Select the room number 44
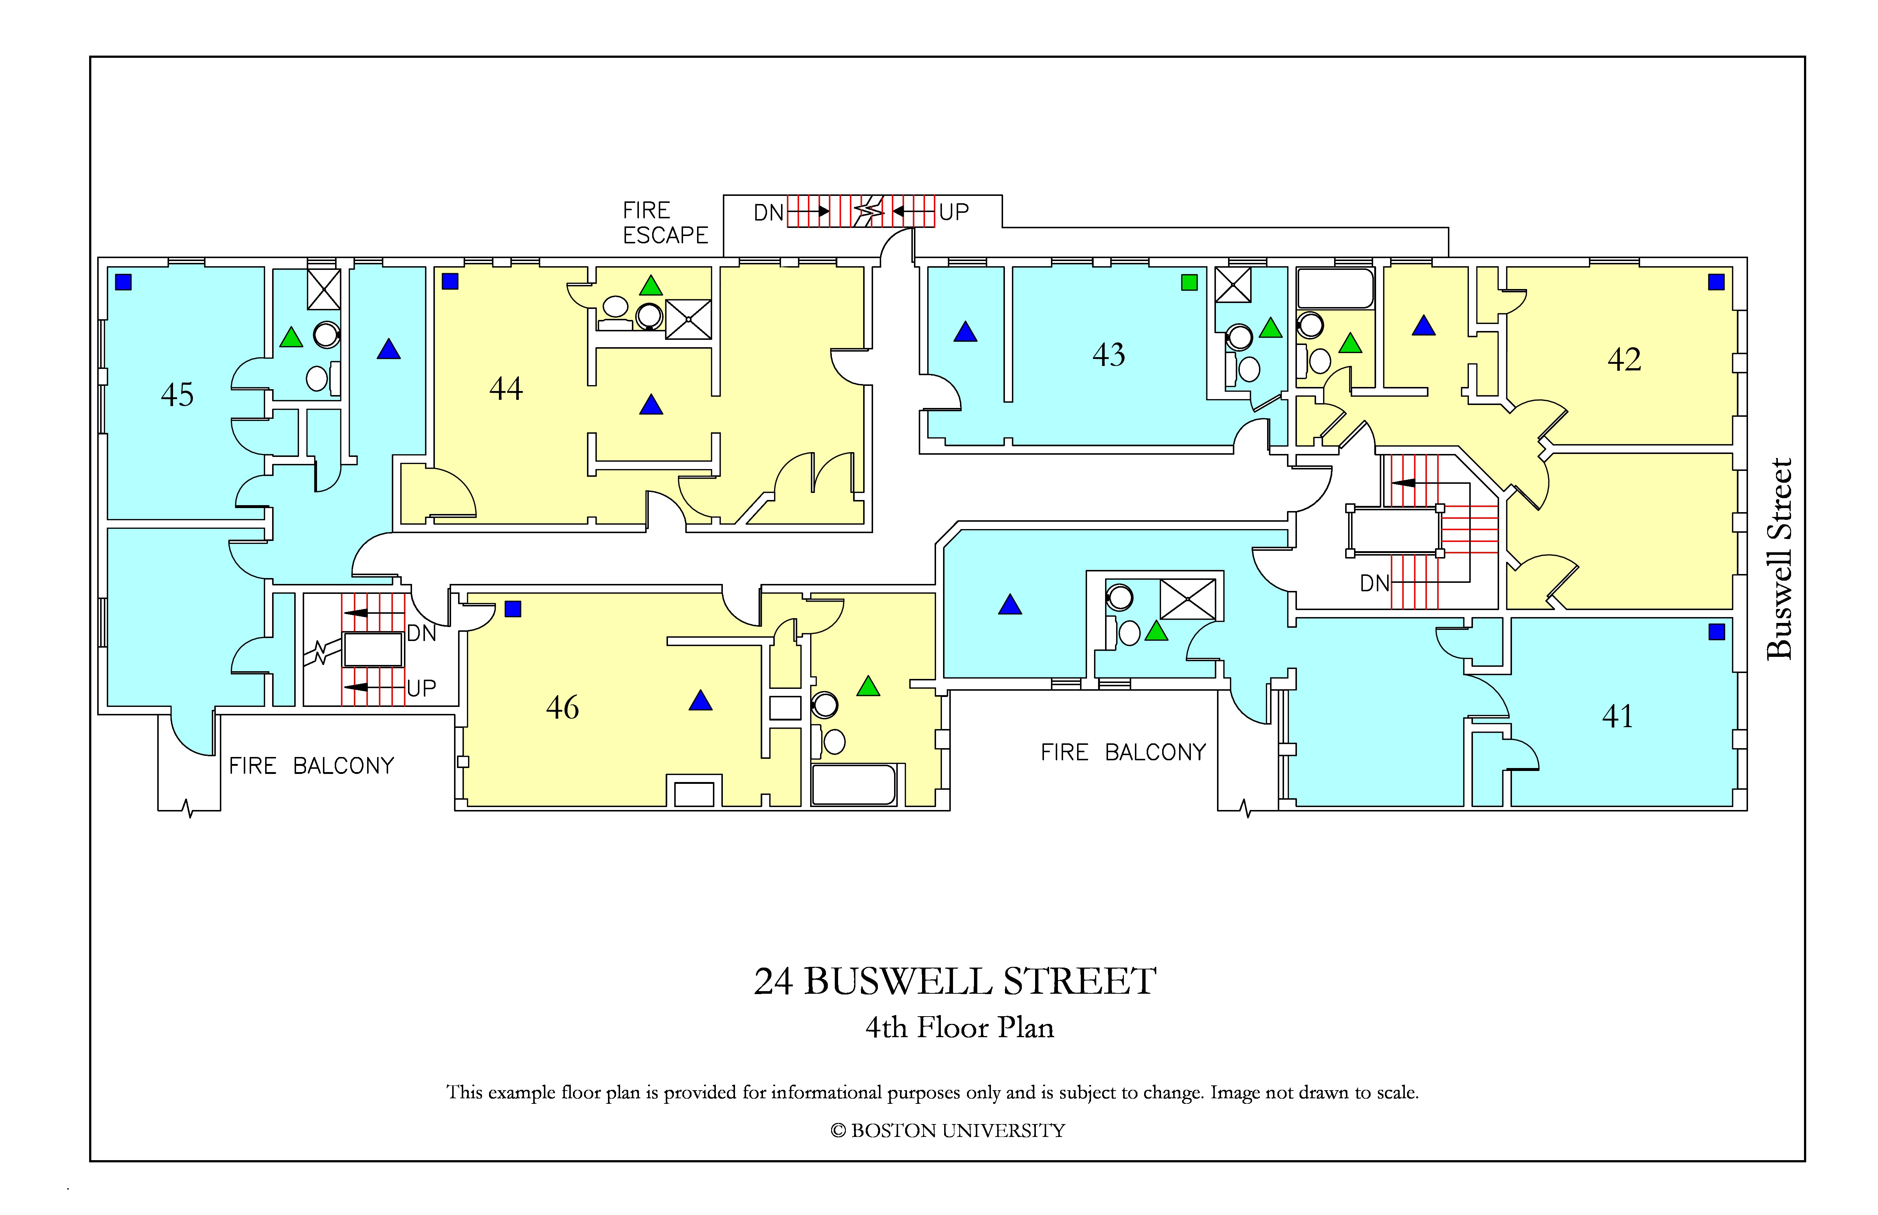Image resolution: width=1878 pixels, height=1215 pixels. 506,388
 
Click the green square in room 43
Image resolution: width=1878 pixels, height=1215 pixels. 1189,282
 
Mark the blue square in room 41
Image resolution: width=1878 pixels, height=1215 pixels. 1716,631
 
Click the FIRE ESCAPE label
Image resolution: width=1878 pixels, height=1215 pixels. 665,222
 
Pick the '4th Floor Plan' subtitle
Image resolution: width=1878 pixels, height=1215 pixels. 960,1027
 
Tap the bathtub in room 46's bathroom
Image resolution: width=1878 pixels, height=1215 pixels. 854,784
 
